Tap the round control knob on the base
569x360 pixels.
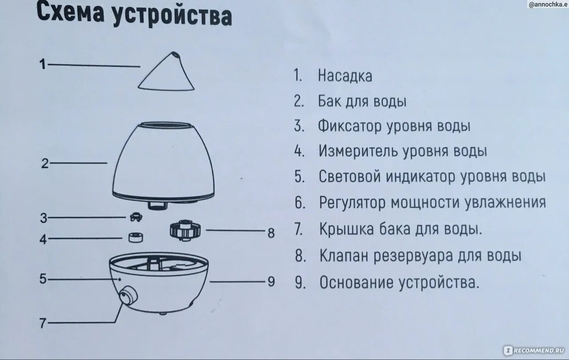[128, 295]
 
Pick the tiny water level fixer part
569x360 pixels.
[135, 217]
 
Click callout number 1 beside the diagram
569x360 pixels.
[43, 65]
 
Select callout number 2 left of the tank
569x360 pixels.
[45, 164]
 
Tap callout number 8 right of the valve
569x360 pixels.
[271, 232]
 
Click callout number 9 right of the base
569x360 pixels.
[271, 282]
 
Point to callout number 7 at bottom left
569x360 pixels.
[43, 324]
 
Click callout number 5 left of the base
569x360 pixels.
[43, 279]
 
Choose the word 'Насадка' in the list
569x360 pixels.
[345, 76]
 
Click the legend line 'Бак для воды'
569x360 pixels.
[362, 102]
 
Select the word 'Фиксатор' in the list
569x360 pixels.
[349, 126]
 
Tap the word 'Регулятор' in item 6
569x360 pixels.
[353, 203]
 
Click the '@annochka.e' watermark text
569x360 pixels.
[548, 4]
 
